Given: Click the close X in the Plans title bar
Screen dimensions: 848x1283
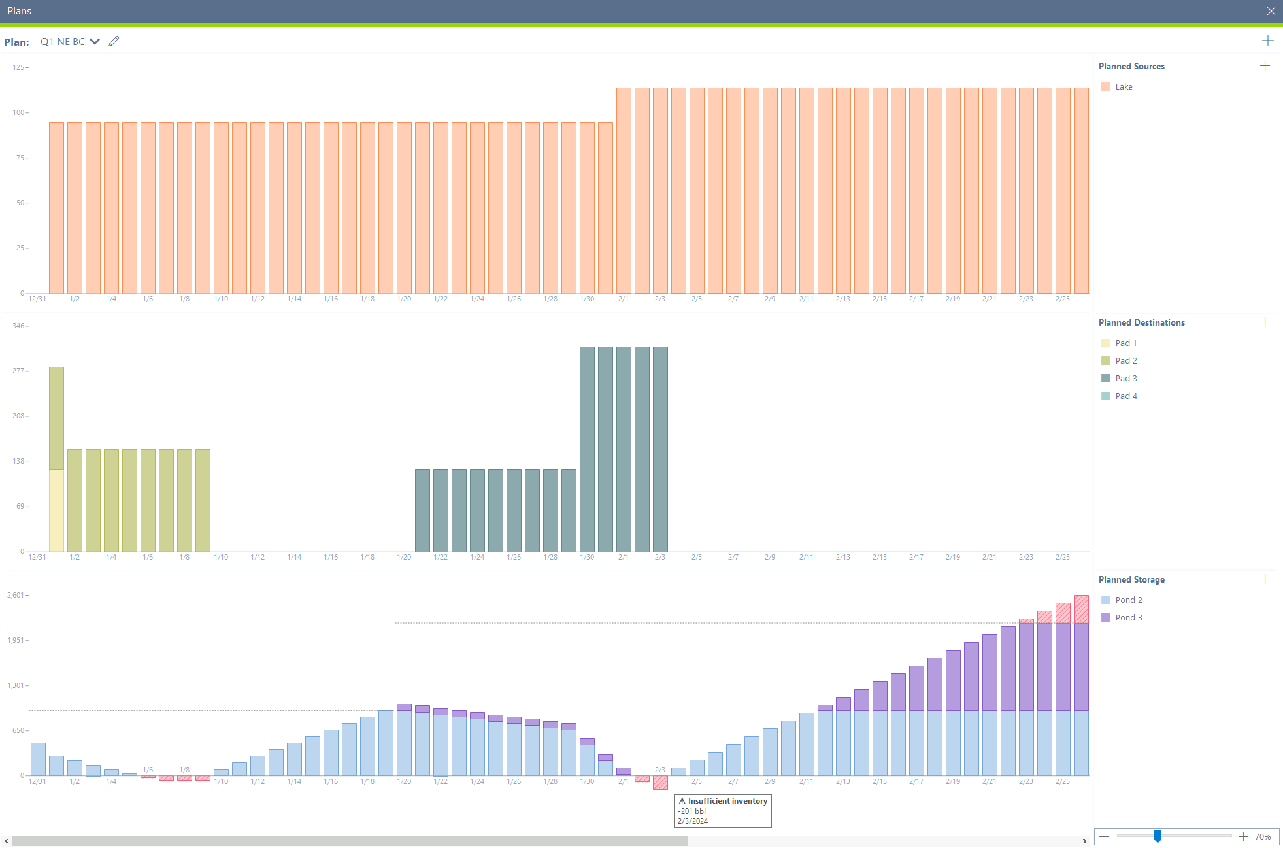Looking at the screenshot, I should pos(1271,11).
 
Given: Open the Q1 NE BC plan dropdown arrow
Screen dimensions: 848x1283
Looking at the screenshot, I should pos(95,42).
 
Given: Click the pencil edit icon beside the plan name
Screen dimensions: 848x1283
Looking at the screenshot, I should pos(114,41).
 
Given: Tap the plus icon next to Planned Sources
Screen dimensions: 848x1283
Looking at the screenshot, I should pos(1265,66).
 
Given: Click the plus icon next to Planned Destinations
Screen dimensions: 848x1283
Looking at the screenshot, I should pos(1265,322).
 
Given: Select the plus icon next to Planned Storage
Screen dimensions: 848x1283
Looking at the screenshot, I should pos(1265,579).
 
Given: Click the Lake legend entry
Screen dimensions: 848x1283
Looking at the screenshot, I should pos(1123,87).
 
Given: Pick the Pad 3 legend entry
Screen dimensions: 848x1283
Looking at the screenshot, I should pos(1125,379).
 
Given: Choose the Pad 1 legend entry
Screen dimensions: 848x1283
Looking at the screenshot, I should pos(1125,343).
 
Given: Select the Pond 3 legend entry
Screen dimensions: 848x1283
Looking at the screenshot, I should pos(1128,618).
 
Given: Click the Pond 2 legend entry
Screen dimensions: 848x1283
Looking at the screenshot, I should pos(1128,600).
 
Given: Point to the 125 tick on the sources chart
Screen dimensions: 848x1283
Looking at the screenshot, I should pos(18,67).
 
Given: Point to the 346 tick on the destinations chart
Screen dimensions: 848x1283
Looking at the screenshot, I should pos(18,326).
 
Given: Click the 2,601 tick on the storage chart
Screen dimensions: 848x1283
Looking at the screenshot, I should pos(16,595).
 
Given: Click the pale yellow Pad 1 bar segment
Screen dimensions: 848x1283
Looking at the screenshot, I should pos(56,510).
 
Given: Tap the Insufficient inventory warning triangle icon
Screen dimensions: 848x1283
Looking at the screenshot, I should pos(682,801).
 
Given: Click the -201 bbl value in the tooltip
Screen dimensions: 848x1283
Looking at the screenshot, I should pos(691,811).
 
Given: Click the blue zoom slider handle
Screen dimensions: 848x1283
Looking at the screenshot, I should pos(1158,836).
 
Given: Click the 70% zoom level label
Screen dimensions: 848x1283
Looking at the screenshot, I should pos(1262,837).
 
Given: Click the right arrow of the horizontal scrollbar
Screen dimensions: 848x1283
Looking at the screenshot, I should pos(1084,841).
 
